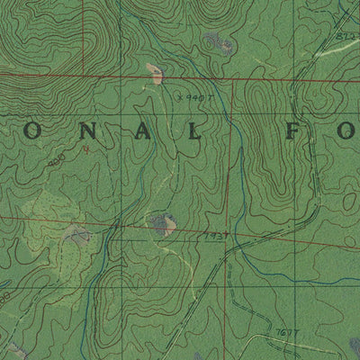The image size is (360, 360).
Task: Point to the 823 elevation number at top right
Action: [x=344, y=33]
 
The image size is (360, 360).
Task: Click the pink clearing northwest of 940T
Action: [x=155, y=71]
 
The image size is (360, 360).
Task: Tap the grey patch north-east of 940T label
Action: [x=217, y=40]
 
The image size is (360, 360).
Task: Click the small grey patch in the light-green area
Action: [x=77, y=235]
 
